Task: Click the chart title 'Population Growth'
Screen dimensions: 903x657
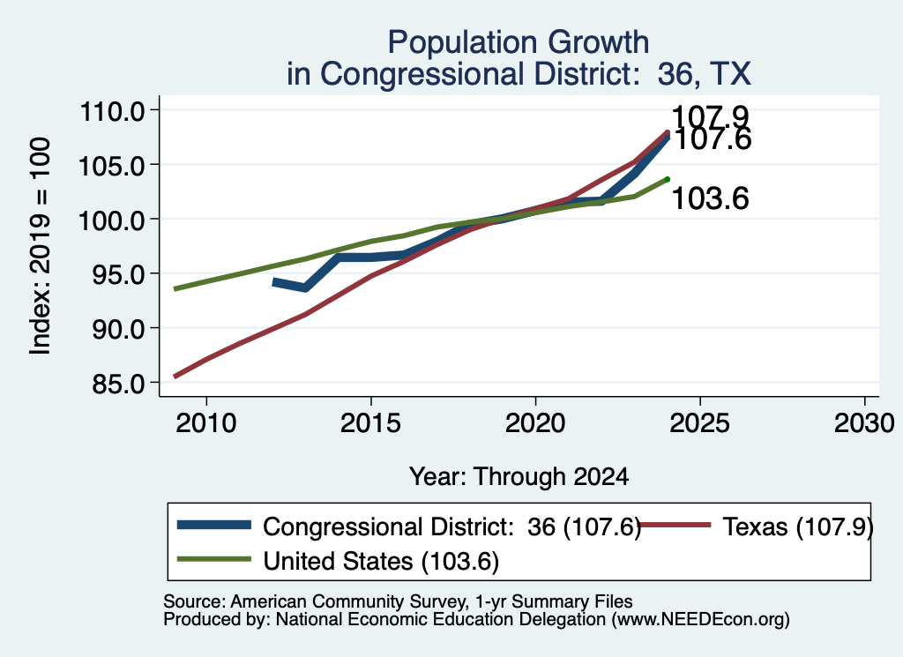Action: (519, 42)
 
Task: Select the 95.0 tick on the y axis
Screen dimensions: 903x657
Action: (119, 274)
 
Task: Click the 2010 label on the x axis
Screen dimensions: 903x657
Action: (206, 423)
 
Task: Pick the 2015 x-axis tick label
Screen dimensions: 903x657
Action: (371, 423)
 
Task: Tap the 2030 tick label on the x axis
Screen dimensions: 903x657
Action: (864, 423)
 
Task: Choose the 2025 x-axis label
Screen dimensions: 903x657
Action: (699, 423)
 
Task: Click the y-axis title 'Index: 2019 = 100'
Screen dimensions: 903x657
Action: (40, 246)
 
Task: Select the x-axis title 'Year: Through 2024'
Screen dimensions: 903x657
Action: (519, 477)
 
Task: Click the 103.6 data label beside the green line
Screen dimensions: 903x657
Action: (710, 198)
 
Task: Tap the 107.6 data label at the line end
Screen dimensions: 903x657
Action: (712, 139)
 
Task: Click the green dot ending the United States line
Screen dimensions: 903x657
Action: (668, 179)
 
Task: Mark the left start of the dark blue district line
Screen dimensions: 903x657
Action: (274, 282)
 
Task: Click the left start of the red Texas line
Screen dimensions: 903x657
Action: (175, 377)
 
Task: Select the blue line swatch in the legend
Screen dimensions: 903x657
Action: (214, 525)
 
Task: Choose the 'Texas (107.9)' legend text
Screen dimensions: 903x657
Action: (797, 526)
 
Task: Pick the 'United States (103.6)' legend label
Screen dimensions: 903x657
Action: (381, 562)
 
